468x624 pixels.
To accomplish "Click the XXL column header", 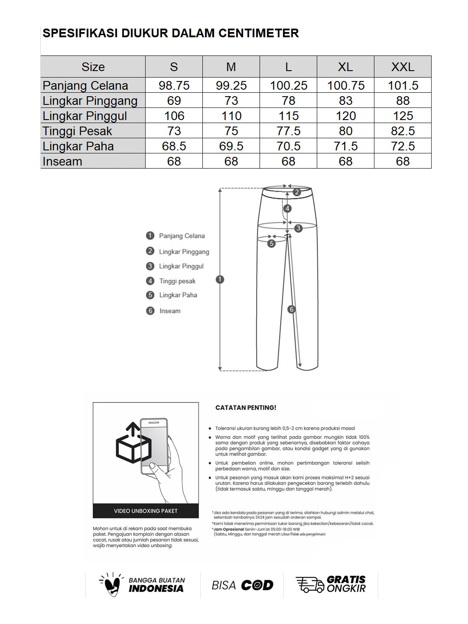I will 403,67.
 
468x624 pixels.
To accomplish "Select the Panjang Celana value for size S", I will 174,85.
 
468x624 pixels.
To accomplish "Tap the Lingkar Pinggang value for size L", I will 288,101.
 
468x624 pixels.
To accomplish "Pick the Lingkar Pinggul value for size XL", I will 345,116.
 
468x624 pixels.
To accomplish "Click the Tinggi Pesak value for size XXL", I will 403,131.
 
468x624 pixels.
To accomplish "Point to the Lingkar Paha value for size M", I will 231,146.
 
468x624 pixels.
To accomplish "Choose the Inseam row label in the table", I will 62,161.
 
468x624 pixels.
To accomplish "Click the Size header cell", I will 93,67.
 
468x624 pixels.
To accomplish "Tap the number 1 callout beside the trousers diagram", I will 220,279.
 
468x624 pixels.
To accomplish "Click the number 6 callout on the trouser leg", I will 292,309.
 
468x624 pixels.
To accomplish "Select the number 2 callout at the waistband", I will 297,192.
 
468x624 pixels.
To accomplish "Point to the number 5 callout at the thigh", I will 272,244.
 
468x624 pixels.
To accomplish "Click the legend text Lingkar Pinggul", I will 181,266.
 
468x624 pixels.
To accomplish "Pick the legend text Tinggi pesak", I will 177,281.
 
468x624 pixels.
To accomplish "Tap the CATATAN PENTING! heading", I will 246,408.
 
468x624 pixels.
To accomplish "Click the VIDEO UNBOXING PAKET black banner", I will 146,511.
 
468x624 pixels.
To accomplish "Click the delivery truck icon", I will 309,585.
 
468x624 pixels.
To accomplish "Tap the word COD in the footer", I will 257,585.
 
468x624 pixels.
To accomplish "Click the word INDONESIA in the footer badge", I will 156,588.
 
